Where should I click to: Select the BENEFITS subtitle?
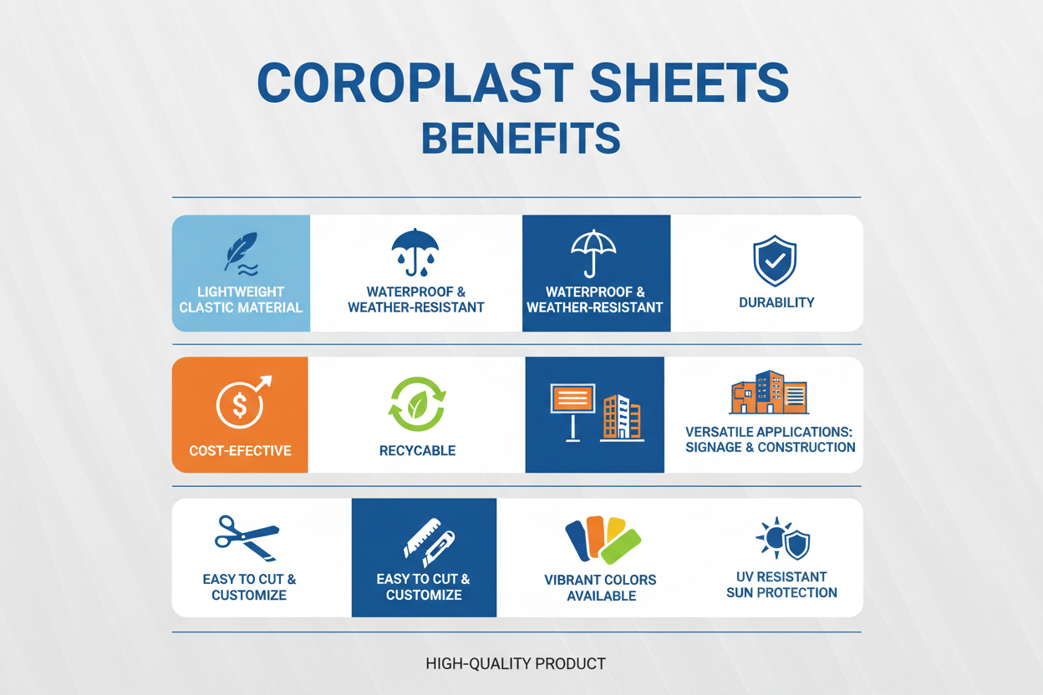pyautogui.click(x=521, y=139)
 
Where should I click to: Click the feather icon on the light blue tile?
pyautogui.click(x=241, y=253)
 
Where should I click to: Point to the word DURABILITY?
pyautogui.click(x=776, y=302)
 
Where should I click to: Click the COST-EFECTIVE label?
pyautogui.click(x=240, y=451)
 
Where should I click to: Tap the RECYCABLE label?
pyautogui.click(x=417, y=451)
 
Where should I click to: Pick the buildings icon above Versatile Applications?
pyautogui.click(x=768, y=394)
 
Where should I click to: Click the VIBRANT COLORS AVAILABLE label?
pyautogui.click(x=600, y=588)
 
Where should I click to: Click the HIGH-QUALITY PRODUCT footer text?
pyautogui.click(x=516, y=664)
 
